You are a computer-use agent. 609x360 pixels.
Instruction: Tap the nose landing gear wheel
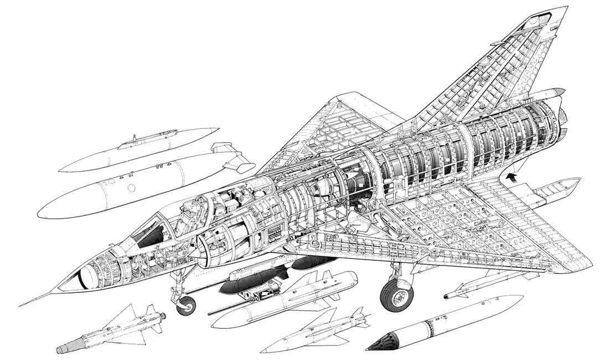coord(187,305)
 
